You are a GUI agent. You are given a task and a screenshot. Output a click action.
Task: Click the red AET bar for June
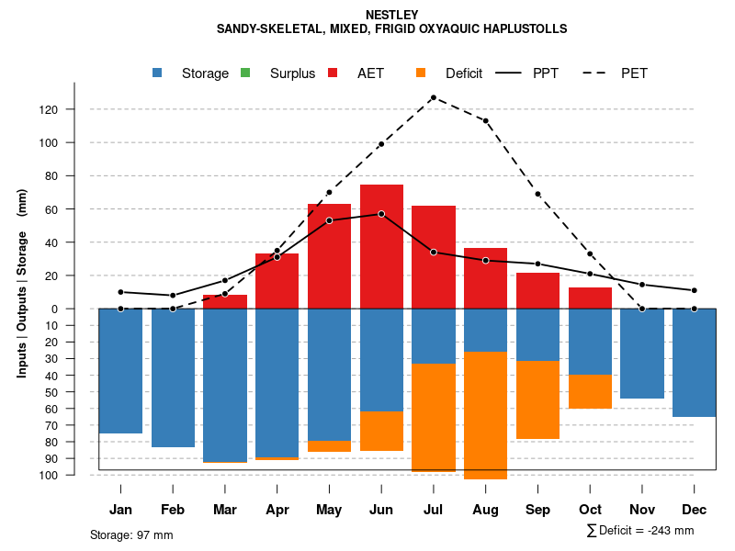point(381,246)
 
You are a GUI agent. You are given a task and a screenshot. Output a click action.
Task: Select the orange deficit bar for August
point(486,415)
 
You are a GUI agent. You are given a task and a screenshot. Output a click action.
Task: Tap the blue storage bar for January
point(120,371)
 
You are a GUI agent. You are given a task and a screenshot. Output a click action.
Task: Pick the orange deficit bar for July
point(434,417)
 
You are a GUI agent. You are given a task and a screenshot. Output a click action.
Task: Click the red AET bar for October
point(590,298)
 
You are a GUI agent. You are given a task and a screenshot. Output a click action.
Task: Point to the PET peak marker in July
point(433,97)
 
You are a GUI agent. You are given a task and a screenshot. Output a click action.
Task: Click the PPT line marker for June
point(381,214)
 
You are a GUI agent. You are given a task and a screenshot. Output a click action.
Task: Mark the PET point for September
point(537,194)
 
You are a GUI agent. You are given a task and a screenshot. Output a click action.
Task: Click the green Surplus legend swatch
point(245,73)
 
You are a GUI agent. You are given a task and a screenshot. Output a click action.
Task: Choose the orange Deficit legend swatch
point(422,73)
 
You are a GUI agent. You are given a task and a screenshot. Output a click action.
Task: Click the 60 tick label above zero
point(74,209)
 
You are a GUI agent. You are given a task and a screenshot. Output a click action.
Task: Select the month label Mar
point(225,510)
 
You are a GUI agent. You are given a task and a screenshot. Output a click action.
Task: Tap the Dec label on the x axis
point(695,510)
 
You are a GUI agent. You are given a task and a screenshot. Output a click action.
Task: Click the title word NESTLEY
point(392,15)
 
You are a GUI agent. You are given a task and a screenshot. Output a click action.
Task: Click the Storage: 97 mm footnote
point(131,534)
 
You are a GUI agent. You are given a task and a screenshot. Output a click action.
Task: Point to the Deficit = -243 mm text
point(646,531)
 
